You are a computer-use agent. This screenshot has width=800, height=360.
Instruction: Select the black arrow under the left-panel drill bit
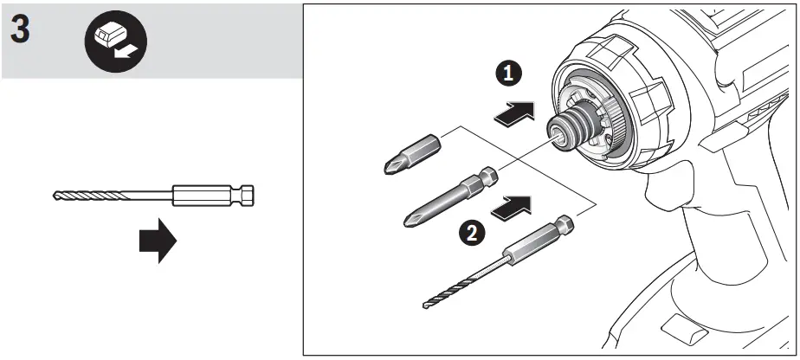click(x=158, y=241)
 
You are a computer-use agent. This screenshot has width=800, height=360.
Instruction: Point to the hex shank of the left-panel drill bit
click(x=246, y=196)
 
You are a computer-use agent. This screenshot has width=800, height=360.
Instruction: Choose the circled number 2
click(x=470, y=231)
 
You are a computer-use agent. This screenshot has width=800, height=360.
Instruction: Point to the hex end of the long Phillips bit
click(x=486, y=177)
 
